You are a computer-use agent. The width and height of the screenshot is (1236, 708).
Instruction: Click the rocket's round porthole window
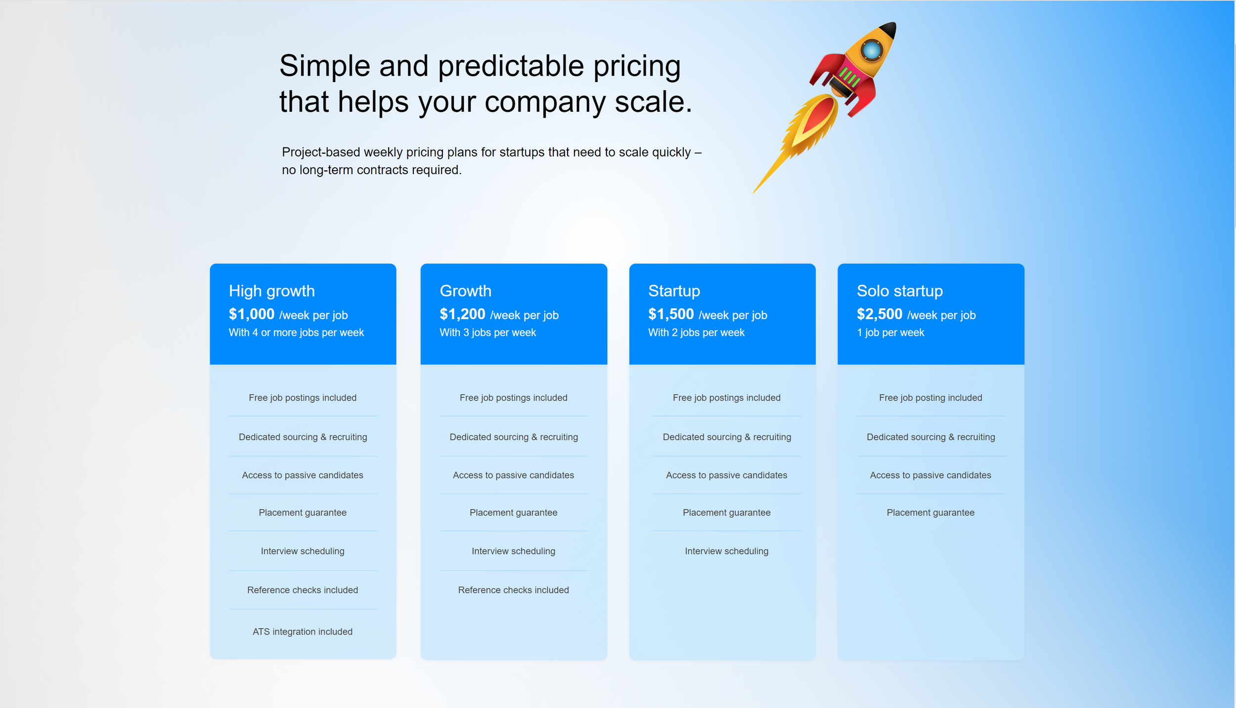[x=871, y=50]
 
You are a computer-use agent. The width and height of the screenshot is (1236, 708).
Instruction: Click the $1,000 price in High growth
[x=251, y=314]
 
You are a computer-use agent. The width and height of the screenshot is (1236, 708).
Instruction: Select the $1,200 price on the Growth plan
[x=462, y=314]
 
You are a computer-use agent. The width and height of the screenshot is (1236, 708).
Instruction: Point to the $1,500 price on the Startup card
[x=671, y=314]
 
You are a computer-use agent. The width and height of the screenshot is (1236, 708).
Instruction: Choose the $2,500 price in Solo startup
[x=880, y=314]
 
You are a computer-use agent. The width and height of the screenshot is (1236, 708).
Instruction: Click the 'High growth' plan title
[x=271, y=291]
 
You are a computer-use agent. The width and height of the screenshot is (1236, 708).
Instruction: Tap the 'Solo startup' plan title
[x=899, y=291]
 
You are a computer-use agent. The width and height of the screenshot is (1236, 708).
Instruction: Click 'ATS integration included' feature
[x=303, y=632]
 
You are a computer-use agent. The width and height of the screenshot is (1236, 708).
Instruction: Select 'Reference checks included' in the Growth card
[x=513, y=590]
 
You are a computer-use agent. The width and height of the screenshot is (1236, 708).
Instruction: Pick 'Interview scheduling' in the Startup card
[x=726, y=551]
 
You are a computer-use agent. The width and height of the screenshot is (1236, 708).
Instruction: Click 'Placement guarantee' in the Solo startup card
[x=930, y=513]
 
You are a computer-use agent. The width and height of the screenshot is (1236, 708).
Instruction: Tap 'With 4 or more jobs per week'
[x=296, y=332]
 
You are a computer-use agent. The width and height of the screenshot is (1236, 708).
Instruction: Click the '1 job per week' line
[x=890, y=332]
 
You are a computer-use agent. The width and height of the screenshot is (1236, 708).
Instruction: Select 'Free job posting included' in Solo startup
[x=930, y=398]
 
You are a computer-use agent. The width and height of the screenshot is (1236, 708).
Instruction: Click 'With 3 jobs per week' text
[x=487, y=332]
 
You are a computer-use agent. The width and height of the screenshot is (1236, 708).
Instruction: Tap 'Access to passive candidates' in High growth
[x=303, y=475]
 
